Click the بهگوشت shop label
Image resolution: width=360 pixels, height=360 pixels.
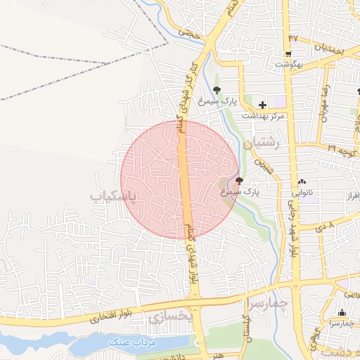[x=288, y=65]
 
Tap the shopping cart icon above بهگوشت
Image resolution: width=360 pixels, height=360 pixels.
[x=288, y=54]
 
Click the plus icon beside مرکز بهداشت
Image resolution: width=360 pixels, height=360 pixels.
[x=262, y=104]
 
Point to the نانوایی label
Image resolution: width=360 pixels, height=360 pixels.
[x=302, y=191]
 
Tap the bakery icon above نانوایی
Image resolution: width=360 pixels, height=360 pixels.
[x=302, y=181]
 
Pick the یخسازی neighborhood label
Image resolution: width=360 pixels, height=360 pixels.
[x=169, y=317]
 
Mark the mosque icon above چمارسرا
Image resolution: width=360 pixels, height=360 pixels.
[x=342, y=313]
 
